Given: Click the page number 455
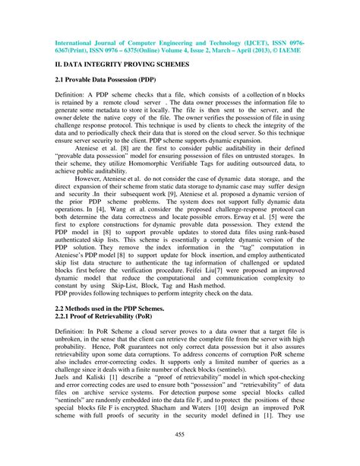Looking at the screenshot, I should click(180, 434).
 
